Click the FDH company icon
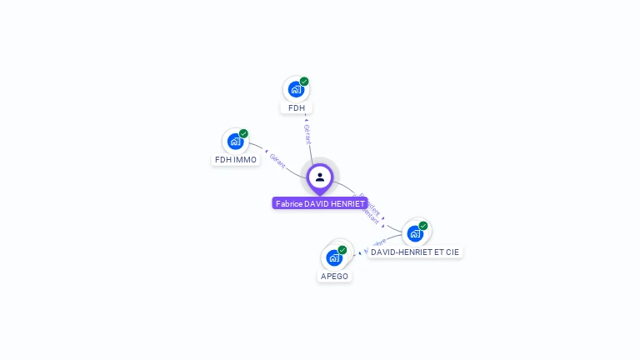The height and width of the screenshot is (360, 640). tap(296, 89)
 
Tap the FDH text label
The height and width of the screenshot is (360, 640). tap(297, 108)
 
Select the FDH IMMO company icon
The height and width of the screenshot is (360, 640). tap(235, 142)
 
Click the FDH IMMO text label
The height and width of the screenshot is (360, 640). tap(236, 160)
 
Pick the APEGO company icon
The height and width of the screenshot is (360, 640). tap(334, 257)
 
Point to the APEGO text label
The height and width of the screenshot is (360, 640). tap(334, 277)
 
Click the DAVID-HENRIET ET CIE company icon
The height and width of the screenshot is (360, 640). tap(415, 233)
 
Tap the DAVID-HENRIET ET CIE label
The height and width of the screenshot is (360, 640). tap(415, 252)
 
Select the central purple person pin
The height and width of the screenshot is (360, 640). tap(320, 177)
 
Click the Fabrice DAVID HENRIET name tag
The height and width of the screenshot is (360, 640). tap(320, 203)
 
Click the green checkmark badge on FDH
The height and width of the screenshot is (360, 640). tap(304, 82)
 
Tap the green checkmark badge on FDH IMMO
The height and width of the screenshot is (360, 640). tap(243, 133)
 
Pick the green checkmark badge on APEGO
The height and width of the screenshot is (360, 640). tap(342, 250)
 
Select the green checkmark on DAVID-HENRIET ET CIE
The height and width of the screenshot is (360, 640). tap(423, 226)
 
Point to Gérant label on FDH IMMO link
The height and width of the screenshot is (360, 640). tap(277, 160)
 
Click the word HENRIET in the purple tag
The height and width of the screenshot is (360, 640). tap(347, 203)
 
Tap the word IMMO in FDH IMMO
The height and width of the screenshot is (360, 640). tap(246, 160)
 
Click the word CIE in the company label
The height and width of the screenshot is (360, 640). tap(451, 252)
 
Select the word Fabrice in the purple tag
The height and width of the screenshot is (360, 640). tap(288, 203)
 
